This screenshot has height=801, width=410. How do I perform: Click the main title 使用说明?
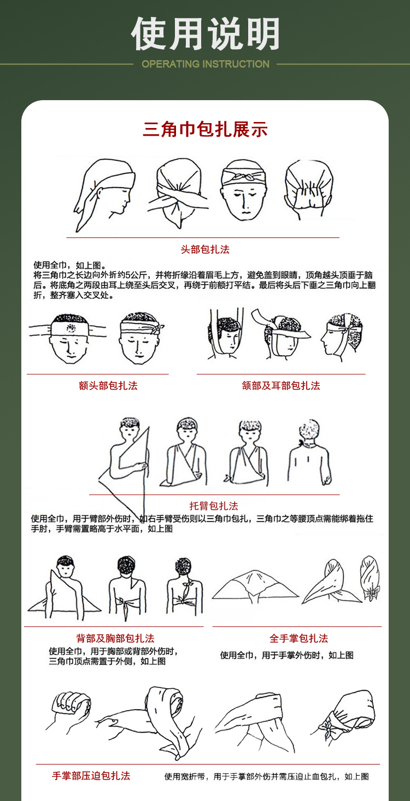206,34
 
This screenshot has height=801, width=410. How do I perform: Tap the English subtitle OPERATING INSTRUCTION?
206,64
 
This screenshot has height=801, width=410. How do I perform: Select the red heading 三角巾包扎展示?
206,129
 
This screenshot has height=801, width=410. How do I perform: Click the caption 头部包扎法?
205,249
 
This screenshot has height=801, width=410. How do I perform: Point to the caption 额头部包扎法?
108,386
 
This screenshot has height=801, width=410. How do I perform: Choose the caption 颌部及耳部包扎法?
281,386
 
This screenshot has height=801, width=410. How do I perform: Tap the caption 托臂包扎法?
214,506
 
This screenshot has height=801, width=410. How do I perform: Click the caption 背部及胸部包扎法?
115,639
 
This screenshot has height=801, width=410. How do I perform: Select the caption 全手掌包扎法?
298,639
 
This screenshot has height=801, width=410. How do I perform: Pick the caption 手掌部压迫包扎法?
91,776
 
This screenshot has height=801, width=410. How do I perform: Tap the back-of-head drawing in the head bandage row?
309,188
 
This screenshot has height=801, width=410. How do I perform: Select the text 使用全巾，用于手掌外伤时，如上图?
287,655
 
